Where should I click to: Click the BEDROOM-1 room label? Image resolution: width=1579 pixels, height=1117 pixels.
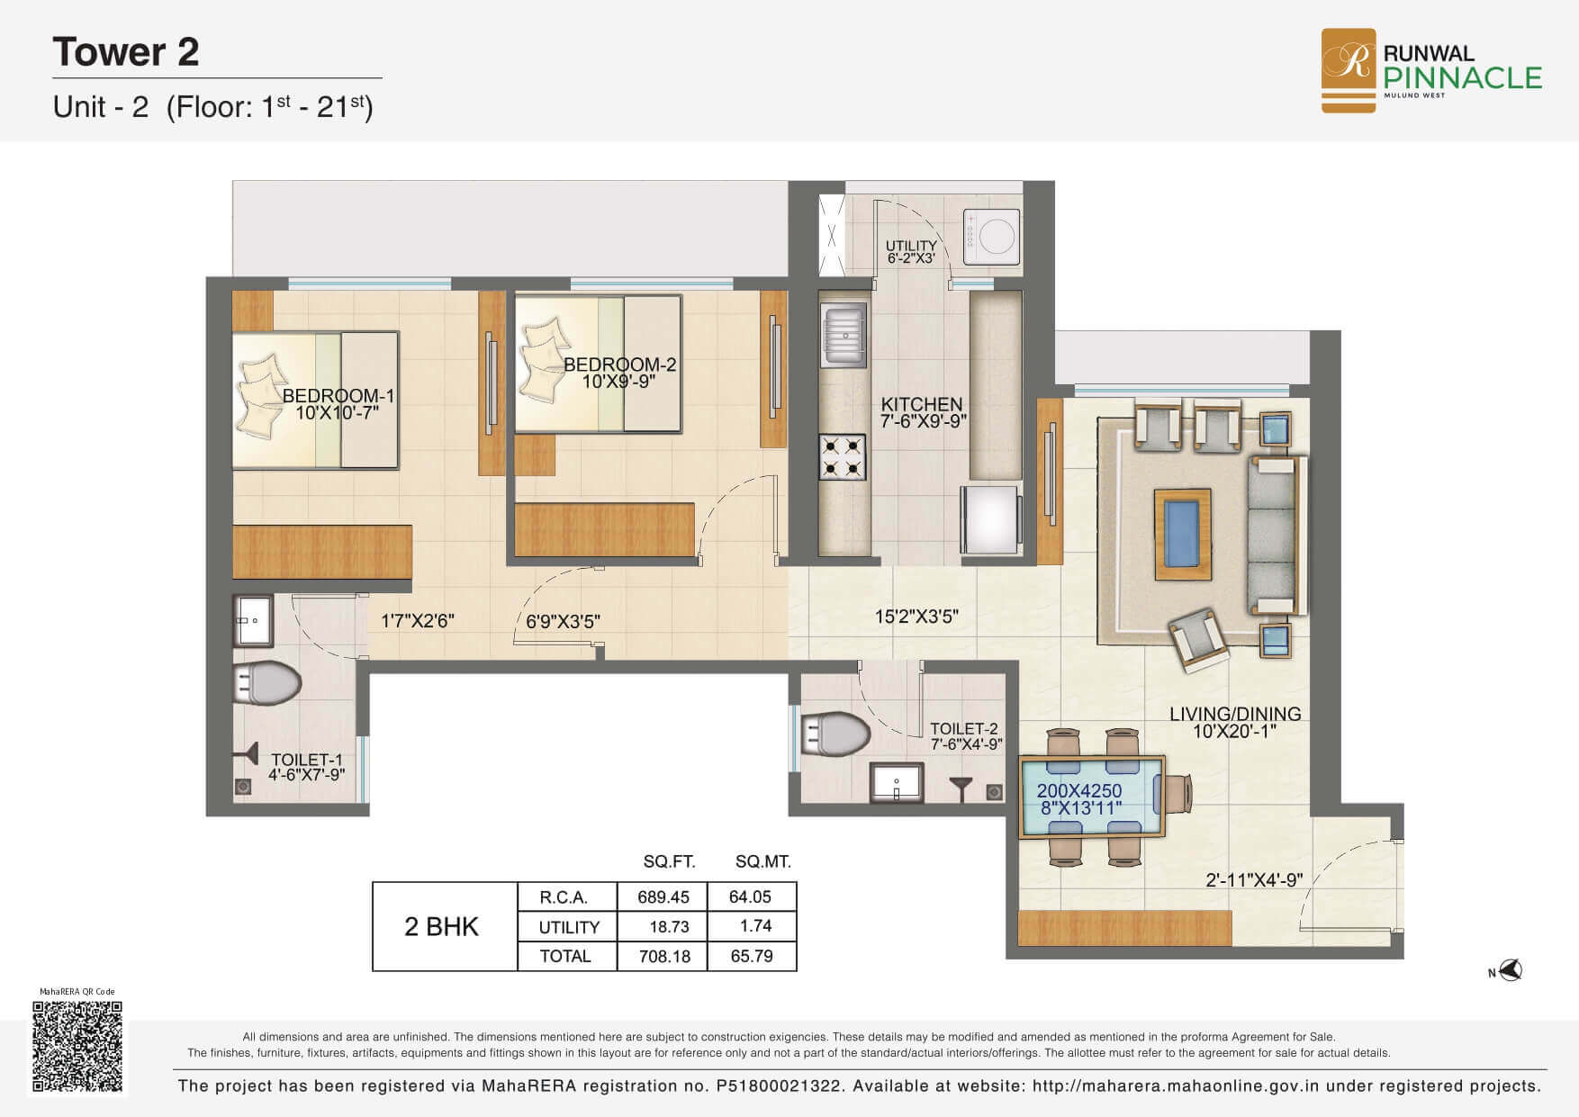[x=338, y=396]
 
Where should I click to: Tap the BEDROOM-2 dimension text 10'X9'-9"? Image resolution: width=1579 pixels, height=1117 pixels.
[x=618, y=381]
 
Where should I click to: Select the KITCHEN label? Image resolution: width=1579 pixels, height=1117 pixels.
[x=922, y=404]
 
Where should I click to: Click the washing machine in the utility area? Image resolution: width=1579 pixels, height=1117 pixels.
[x=992, y=237]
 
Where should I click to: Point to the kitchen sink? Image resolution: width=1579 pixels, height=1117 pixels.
[x=844, y=333]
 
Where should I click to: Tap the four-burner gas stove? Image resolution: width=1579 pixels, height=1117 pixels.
[x=843, y=457]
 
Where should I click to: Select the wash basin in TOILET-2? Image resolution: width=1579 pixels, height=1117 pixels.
[x=897, y=782]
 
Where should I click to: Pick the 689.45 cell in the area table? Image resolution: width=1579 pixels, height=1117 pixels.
[x=663, y=896]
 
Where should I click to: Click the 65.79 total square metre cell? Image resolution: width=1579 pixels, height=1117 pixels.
[x=752, y=956]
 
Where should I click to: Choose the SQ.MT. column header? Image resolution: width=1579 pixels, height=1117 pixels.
[x=763, y=861]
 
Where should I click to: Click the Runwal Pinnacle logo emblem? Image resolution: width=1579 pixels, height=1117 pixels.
[x=1348, y=70]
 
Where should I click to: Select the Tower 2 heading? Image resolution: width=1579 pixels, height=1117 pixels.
[x=126, y=52]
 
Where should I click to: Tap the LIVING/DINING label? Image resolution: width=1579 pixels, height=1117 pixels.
[x=1235, y=714]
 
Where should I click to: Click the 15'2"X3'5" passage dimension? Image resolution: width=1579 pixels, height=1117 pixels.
[x=916, y=617]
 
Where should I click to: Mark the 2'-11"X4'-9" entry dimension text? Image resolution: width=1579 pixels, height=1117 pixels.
[x=1254, y=879]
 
